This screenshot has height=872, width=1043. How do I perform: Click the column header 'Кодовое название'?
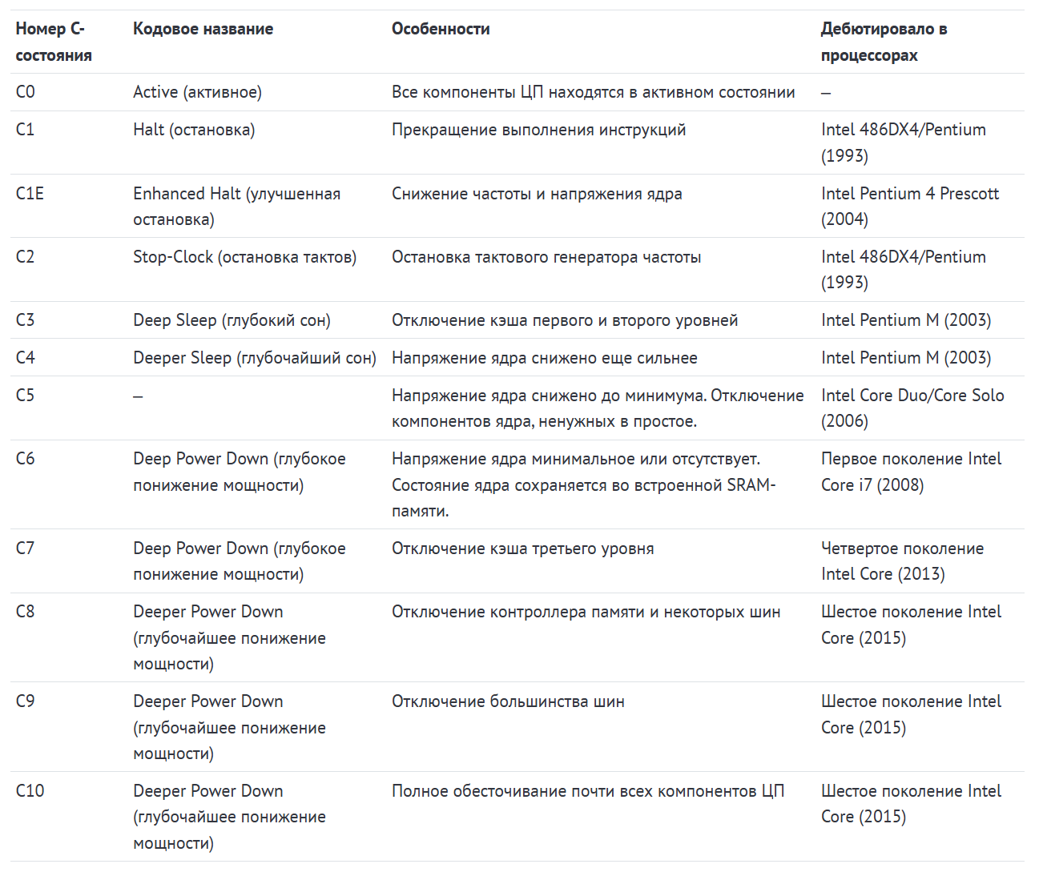tap(203, 29)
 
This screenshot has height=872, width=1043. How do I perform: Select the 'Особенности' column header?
tap(441, 29)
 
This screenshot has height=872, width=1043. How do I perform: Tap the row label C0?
tap(26, 92)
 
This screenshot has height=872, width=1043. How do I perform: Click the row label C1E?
tap(30, 194)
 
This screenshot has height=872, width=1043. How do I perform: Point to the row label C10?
tap(30, 791)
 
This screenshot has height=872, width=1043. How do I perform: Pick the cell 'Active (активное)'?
tap(197, 92)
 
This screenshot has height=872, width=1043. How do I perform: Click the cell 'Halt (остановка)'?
tap(194, 130)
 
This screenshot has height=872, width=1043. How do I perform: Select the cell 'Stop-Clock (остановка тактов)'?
tap(244, 257)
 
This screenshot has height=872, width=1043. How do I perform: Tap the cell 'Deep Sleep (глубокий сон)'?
tap(232, 320)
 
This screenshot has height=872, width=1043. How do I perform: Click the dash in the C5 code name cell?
tap(138, 396)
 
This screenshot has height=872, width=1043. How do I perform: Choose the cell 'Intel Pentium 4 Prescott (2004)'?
tap(909, 206)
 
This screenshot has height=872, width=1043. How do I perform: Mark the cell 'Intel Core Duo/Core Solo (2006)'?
tap(912, 408)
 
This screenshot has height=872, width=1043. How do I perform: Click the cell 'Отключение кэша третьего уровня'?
tap(522, 549)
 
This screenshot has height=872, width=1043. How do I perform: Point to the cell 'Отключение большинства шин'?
tap(508, 701)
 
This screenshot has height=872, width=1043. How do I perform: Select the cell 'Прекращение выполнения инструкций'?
tap(538, 130)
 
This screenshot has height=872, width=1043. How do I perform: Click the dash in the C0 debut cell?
tap(826, 93)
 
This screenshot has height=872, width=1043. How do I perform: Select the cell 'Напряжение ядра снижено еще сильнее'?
tap(544, 358)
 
